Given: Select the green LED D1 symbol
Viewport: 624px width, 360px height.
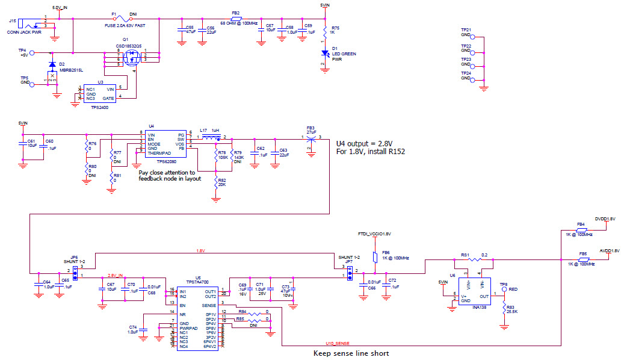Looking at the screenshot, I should (x=325, y=53).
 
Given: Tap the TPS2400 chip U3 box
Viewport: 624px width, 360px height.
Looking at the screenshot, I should (x=99, y=93).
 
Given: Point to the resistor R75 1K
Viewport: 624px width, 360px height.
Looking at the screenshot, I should (x=325, y=30).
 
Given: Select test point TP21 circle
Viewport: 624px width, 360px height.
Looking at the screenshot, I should (x=473, y=37).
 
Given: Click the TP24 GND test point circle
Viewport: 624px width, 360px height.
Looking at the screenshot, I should (x=473, y=78).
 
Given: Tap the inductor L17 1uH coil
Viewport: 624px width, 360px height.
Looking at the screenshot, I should (x=209, y=137).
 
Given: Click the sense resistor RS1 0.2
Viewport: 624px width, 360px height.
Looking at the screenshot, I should (x=475, y=259).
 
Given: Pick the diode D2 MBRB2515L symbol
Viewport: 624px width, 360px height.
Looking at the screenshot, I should (x=52, y=64).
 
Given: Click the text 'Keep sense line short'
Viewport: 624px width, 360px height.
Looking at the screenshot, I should (x=351, y=353).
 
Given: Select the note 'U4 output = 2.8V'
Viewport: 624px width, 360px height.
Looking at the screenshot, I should (x=365, y=143).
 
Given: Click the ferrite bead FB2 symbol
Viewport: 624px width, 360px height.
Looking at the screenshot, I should (x=236, y=18).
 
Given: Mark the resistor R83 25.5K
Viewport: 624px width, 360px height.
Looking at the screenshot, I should (x=504, y=308).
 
